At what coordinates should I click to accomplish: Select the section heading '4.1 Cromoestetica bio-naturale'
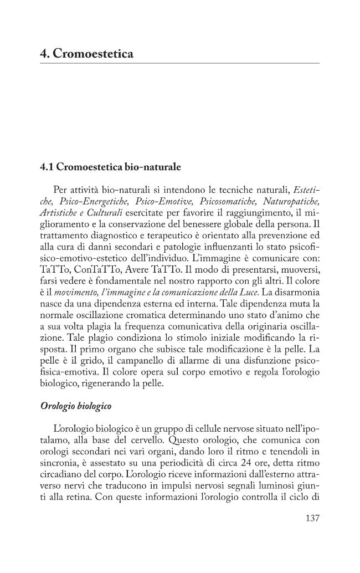click(111, 166)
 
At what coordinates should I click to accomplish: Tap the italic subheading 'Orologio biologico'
click(75, 406)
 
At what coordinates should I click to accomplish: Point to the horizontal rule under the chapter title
click(180, 63)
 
